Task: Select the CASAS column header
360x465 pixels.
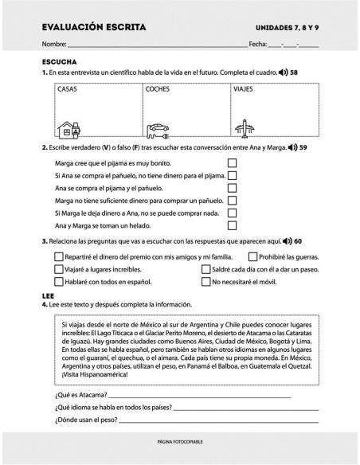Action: pos(68,90)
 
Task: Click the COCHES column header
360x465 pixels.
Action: pos(158,90)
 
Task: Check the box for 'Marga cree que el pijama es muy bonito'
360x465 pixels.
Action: pos(233,162)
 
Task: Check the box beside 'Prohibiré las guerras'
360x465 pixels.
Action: pos(253,256)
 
